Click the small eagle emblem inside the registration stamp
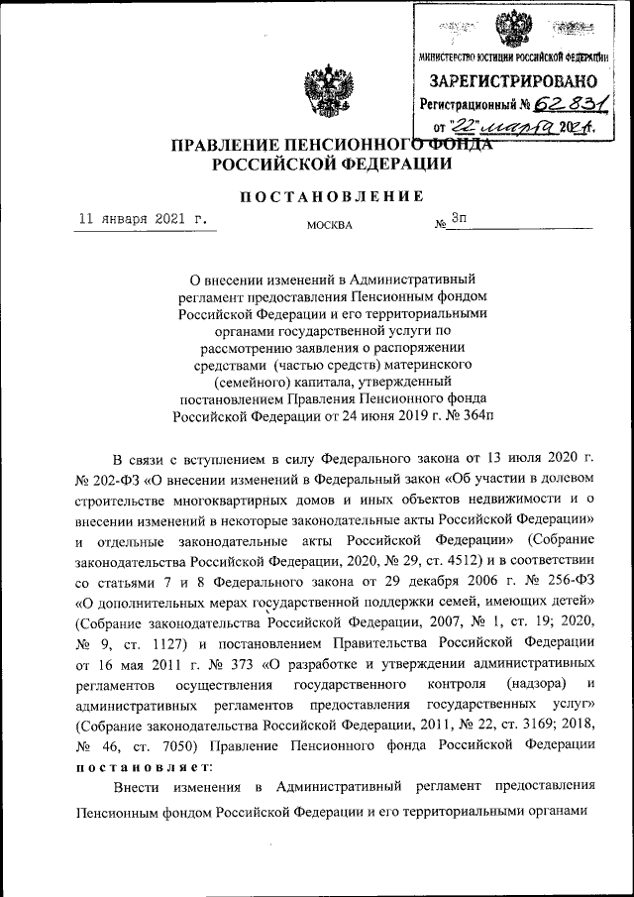point(513,27)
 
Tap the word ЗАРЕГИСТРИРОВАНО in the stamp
point(512,79)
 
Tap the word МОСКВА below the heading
point(329,225)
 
